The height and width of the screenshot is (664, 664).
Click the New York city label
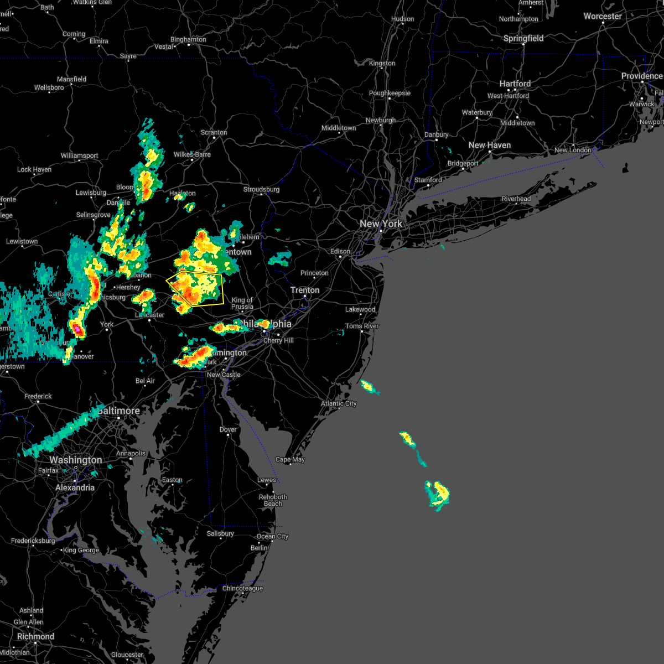381,224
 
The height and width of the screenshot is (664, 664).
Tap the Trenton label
305,290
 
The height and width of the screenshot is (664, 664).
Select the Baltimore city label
118,411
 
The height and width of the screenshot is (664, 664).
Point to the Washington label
75,460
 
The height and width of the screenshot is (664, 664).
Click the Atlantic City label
339,403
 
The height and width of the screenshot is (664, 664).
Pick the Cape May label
290,459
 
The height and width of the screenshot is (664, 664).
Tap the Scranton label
214,132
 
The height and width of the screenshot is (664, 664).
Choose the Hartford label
515,84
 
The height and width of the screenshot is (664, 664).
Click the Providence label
641,76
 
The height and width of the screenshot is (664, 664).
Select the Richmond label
35,636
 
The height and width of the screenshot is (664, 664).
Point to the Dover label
228,429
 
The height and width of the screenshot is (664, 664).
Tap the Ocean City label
272,536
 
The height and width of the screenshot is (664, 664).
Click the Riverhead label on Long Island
516,199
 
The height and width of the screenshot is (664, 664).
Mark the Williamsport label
79,155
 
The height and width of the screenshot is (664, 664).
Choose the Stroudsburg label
261,189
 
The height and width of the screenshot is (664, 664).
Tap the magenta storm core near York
77,330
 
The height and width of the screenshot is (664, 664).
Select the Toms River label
362,326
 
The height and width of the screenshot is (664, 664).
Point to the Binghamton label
188,39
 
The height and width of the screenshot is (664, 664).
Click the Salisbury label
220,533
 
